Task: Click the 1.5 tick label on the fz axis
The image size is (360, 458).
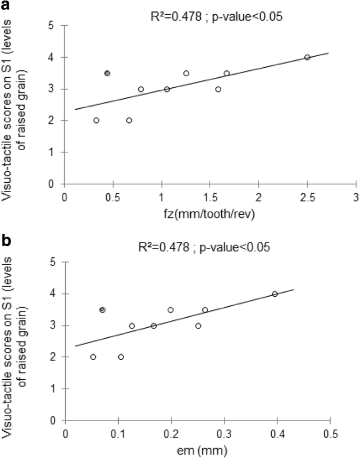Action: click(210, 196)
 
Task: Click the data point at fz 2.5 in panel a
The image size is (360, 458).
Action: click(307, 57)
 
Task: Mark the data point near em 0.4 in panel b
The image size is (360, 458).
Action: click(274, 294)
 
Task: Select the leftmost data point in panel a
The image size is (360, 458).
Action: click(96, 120)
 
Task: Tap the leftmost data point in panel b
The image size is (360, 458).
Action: click(93, 357)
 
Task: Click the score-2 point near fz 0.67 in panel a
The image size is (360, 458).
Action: click(129, 120)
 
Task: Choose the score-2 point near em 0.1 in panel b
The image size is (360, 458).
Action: click(121, 357)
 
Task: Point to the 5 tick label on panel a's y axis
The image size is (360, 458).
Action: click(54, 25)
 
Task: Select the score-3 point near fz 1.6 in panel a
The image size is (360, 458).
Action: click(218, 89)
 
